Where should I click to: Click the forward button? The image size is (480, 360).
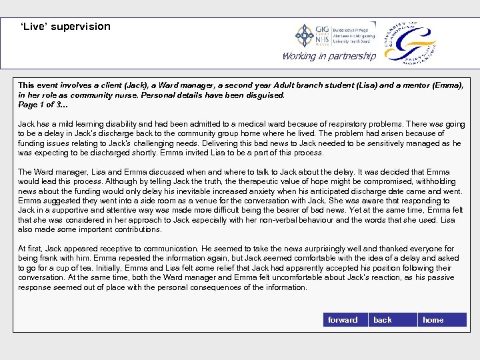[343, 320]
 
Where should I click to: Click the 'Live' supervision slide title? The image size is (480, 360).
[65, 27]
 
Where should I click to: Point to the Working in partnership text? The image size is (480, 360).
[329, 56]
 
